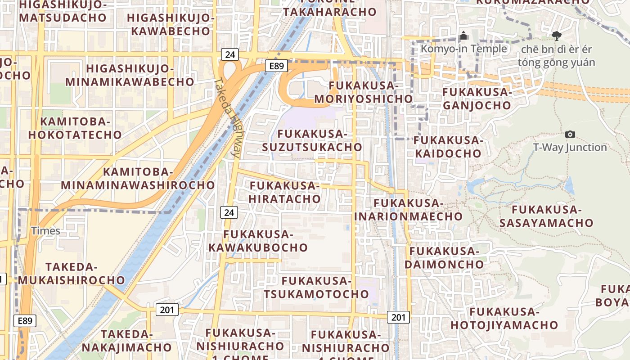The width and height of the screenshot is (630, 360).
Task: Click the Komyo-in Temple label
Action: pos(463,49)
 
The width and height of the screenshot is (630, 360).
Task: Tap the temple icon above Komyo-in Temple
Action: pos(463,36)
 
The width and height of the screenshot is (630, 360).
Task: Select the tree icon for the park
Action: pos(556,36)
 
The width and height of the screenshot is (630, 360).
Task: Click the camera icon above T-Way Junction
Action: pos(570,134)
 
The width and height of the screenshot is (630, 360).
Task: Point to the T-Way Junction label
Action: pos(570,147)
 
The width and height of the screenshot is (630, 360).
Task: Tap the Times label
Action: pos(45,231)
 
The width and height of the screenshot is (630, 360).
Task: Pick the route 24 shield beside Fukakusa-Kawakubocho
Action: pos(229,212)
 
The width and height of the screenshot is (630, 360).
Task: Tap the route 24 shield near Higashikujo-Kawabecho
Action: pos(230,55)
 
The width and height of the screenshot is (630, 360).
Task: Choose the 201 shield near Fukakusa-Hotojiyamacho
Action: pos(398,317)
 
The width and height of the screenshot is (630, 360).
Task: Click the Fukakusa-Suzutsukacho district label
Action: pos(312,140)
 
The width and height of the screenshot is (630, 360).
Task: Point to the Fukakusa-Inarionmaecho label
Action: pos(408,210)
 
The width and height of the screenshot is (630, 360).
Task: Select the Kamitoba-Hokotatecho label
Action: pos(75,128)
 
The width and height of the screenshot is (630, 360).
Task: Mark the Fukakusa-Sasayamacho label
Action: pos(546,216)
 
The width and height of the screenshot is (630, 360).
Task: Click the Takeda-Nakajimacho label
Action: pos(126,341)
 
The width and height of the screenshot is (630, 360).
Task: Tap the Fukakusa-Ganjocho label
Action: pos(477,99)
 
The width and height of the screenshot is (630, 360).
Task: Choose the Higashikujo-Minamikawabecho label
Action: pos(130,75)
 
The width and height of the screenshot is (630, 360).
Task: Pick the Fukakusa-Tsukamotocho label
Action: pos(316,288)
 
